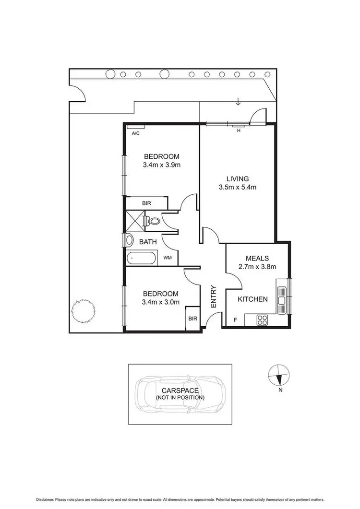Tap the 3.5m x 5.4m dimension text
tap(237, 187)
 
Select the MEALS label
tap(257, 258)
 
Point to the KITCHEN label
tap(253, 299)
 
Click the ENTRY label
tap(214, 297)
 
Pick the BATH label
tap(148, 242)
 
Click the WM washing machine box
tap(168, 258)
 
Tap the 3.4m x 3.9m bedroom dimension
tap(161, 165)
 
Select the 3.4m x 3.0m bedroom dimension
tap(161, 302)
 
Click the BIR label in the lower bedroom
tap(192, 319)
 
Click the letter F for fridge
tap(235, 320)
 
